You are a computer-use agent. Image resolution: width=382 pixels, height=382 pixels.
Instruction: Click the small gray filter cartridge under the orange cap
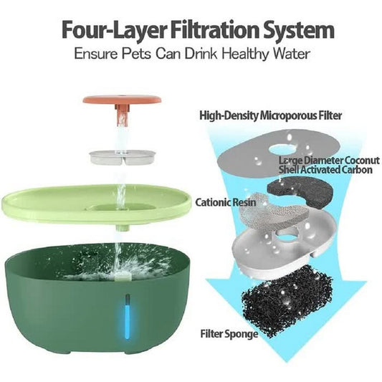point(122,157)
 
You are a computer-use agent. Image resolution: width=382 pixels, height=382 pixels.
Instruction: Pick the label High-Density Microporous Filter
point(270,115)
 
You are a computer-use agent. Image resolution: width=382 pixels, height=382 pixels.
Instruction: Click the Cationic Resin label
point(226,202)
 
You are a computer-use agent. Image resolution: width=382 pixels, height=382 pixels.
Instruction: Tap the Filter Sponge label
point(229,334)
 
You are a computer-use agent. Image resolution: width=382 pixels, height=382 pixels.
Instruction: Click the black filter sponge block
point(287,300)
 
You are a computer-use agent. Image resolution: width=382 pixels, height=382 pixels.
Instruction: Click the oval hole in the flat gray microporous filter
point(282,149)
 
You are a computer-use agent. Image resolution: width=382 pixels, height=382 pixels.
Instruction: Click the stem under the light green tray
point(123,227)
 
